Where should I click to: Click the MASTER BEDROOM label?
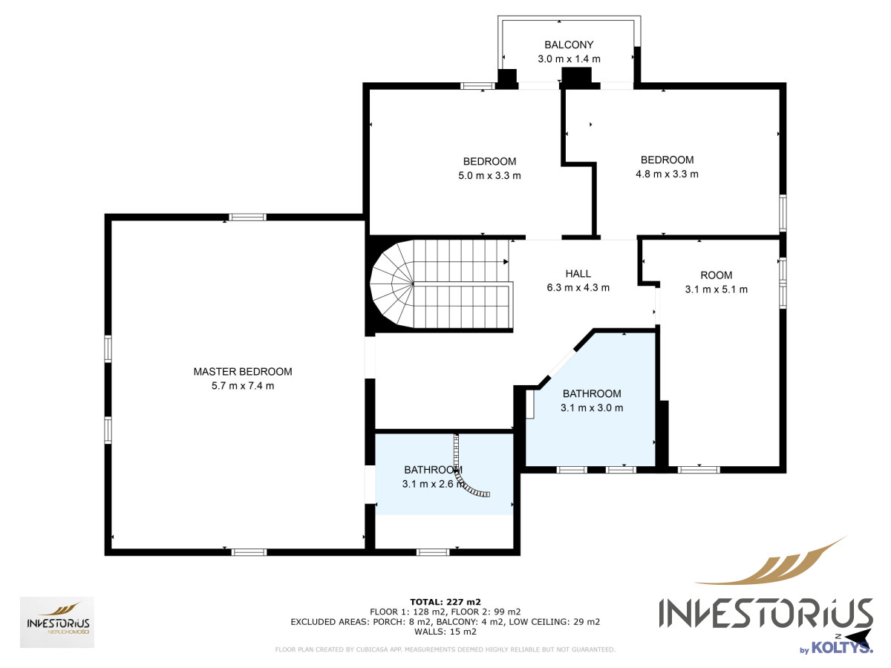(x=242, y=372)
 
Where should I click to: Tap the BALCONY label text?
(x=569, y=45)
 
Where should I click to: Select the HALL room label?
(x=578, y=274)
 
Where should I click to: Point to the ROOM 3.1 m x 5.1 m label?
(x=716, y=282)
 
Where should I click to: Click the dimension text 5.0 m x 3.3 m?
(x=489, y=176)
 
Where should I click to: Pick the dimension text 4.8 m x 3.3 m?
(x=667, y=174)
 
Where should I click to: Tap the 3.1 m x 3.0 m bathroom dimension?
(x=592, y=407)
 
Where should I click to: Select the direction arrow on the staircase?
(x=506, y=261)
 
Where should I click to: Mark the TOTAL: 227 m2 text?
(x=446, y=602)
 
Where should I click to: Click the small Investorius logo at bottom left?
(x=57, y=622)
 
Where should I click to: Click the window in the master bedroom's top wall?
(x=247, y=217)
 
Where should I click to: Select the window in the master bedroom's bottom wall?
(x=249, y=552)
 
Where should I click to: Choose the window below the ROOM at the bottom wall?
(x=699, y=470)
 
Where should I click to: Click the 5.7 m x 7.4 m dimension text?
(x=242, y=386)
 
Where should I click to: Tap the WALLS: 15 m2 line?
(x=446, y=632)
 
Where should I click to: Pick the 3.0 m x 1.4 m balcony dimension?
(x=569, y=59)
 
